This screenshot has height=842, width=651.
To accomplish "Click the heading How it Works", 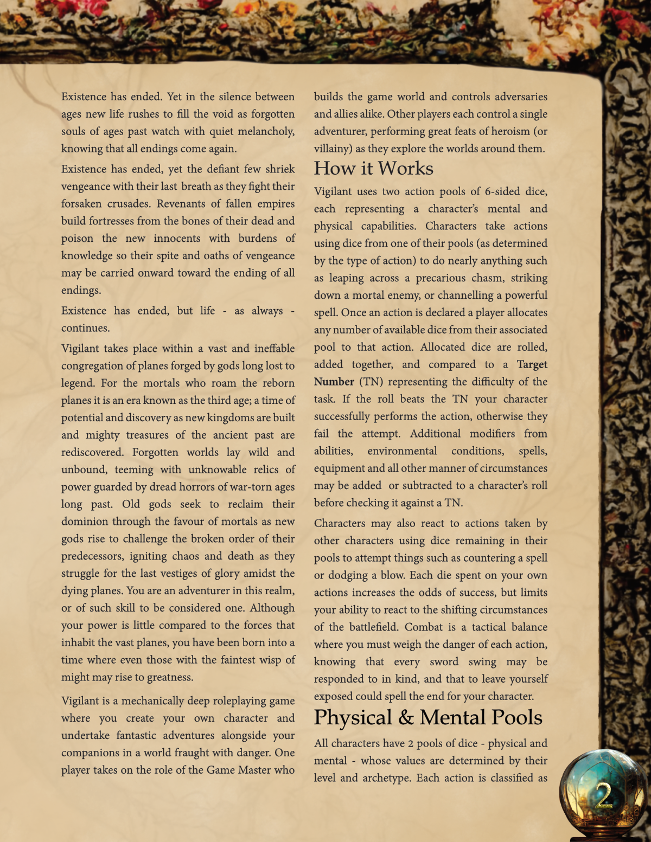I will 373,169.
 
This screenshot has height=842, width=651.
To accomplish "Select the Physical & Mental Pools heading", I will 427,718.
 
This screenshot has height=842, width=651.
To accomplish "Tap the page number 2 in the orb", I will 603,796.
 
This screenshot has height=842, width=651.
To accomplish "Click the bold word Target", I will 532,364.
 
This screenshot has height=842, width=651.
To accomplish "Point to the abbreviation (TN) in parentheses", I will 372,382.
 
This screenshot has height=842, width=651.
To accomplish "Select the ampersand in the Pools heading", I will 406,718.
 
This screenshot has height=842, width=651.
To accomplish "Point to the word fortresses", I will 118,221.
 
